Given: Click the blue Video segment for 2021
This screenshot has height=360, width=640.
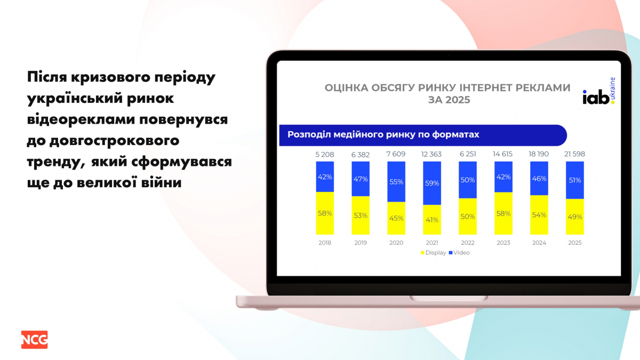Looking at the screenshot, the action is (431, 183).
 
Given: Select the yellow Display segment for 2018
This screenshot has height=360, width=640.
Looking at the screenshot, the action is (325, 213).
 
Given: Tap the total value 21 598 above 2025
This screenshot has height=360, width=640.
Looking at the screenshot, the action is (574, 154).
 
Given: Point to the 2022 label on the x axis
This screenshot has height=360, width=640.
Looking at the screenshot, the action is (467, 243).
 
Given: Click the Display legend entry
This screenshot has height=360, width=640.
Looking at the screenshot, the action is (433, 253).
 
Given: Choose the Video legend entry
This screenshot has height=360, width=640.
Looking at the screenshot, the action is (459, 253).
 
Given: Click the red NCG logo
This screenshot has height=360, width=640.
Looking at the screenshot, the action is (34, 340).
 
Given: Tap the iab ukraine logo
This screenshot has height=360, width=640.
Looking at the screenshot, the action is (599, 91).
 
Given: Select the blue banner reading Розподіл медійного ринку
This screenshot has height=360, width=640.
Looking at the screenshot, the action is (423, 135).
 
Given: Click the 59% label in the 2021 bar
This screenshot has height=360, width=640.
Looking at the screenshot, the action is (431, 183).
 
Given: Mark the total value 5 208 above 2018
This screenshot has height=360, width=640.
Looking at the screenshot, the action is (325, 155).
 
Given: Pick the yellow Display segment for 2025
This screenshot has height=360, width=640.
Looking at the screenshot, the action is (575, 217).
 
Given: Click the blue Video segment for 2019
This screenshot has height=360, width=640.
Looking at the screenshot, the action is (361, 179).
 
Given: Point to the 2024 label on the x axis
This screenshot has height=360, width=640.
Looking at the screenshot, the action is (539, 243).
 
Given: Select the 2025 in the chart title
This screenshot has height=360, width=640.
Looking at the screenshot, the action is (458, 100).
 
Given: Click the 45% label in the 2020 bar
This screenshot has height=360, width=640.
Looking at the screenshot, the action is (396, 218).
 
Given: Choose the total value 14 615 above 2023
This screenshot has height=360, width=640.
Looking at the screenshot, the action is (502, 154).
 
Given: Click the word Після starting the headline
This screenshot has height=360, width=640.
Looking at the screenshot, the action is (47, 77).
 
